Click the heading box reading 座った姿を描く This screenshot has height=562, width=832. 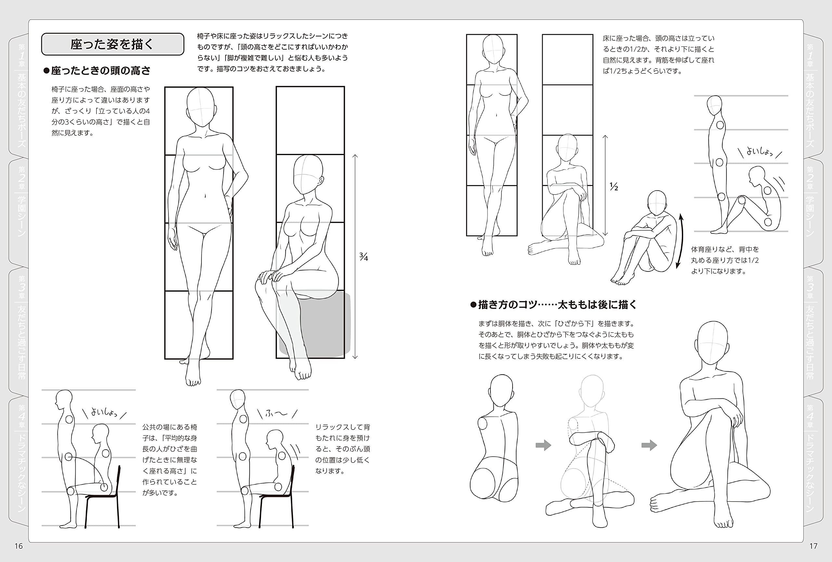(112, 44)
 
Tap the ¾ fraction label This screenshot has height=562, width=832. (363, 256)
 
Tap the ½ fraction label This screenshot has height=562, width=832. (614, 186)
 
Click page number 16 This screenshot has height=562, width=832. (19, 545)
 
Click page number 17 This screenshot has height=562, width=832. (813, 545)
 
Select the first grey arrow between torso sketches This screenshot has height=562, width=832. (543, 445)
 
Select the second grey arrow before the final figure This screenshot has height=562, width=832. (649, 445)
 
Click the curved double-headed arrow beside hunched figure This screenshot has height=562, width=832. (680, 241)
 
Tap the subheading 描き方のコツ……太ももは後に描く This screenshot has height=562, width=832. (554, 305)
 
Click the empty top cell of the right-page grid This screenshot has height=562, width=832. (567, 59)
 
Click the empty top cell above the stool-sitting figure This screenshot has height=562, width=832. (310, 120)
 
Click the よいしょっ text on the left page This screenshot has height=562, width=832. (104, 412)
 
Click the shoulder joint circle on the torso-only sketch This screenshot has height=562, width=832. (483, 424)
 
